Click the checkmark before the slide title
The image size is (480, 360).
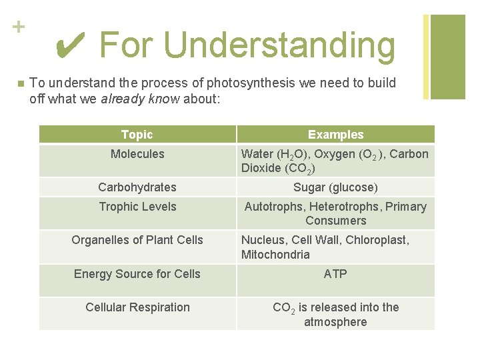pyautogui.click(x=70, y=45)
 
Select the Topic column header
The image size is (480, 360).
pyautogui.click(x=137, y=135)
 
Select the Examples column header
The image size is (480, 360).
pyautogui.click(x=335, y=135)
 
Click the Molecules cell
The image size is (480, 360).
pyautogui.click(x=137, y=155)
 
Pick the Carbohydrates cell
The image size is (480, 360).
pyautogui.click(x=137, y=187)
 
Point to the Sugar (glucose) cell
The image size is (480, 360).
pyautogui.click(x=335, y=187)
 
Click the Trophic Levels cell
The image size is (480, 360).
pyautogui.click(x=137, y=207)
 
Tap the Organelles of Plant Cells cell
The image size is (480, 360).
pyautogui.click(x=137, y=240)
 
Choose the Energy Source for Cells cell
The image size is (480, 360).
pyautogui.click(x=137, y=274)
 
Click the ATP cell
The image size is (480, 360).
pyautogui.click(x=335, y=274)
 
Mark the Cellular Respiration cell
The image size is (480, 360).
pyautogui.click(x=137, y=307)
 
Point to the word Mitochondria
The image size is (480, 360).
pyautogui.click(x=275, y=255)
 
